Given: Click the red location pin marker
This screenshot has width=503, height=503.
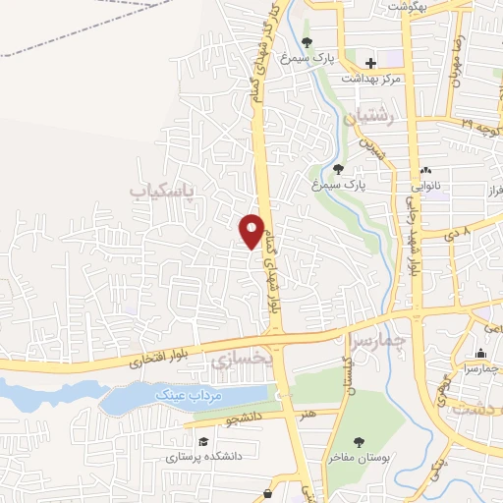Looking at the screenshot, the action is coord(252,231).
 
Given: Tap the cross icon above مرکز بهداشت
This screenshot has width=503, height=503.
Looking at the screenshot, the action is coord(370,63).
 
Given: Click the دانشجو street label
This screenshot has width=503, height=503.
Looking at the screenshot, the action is coord(244,419).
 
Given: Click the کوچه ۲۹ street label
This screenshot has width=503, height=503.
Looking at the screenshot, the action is coord(480,126).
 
